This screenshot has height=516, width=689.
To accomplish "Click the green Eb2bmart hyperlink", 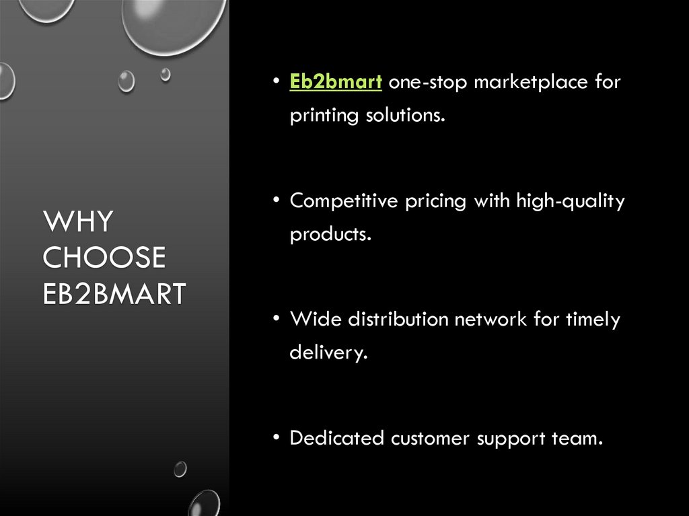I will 336,82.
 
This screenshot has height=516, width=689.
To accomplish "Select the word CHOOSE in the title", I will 104,258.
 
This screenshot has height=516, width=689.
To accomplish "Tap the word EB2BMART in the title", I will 114,294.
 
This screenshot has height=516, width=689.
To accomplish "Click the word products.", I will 330,235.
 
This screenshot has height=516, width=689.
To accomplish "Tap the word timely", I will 591,320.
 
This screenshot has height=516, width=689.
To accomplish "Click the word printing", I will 324,116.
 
